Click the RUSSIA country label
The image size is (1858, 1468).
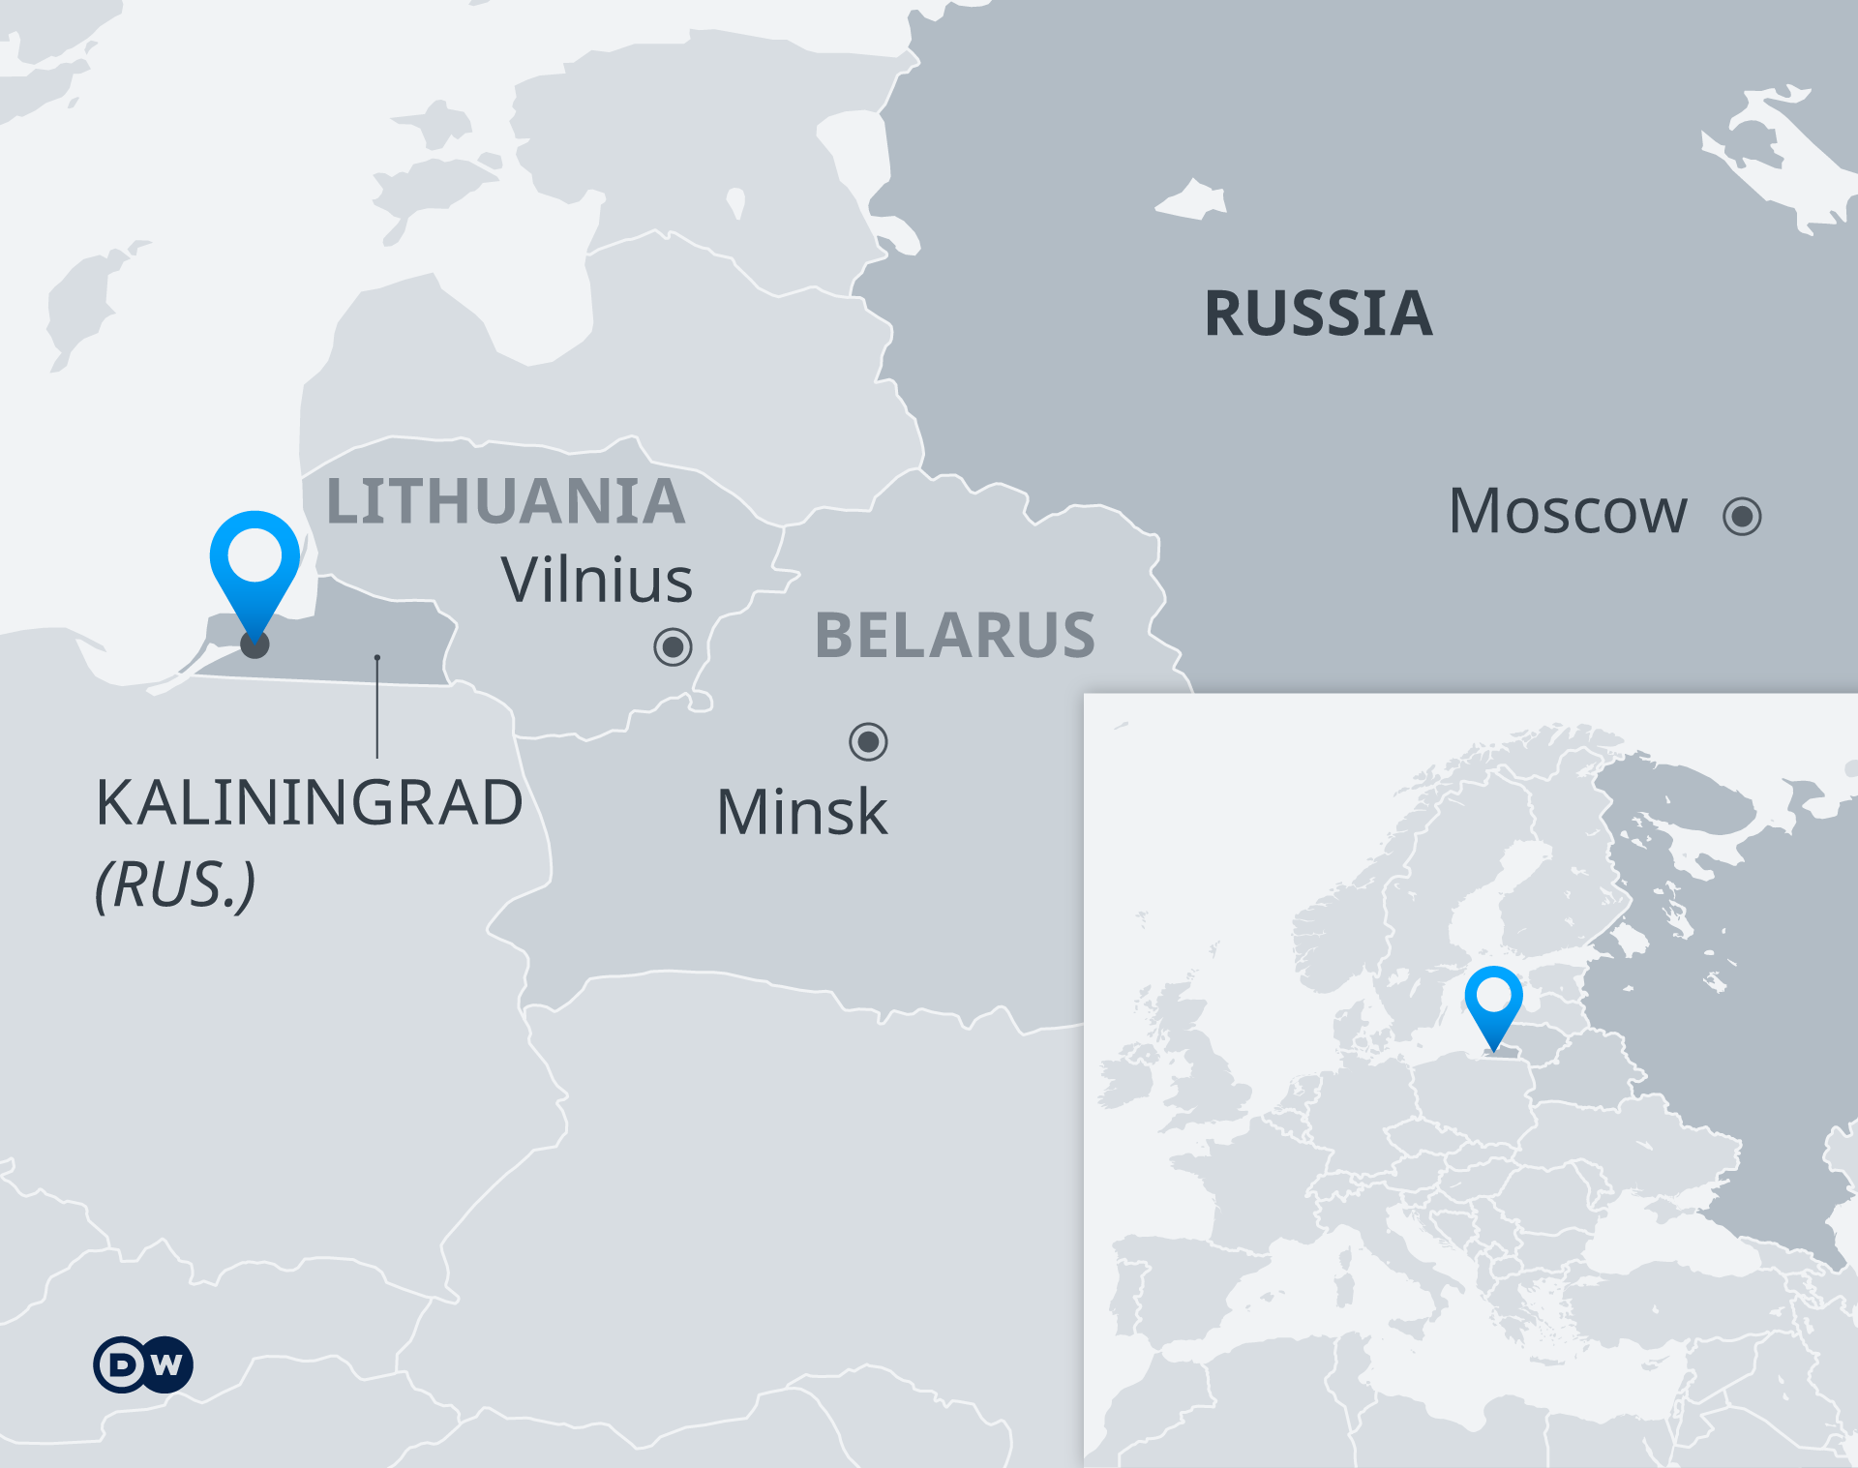click(x=1318, y=314)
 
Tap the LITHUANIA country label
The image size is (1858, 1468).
click(x=505, y=501)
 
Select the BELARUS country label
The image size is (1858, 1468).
click(x=955, y=636)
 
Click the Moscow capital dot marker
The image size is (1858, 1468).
click(x=1742, y=516)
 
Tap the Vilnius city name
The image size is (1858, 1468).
click(x=596, y=581)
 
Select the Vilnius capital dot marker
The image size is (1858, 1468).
click(x=673, y=645)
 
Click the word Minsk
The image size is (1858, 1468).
click(x=801, y=812)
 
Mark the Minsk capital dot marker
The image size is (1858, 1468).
click(x=868, y=742)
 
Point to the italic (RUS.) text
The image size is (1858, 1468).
click(x=175, y=884)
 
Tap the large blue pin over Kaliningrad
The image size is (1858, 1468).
click(x=255, y=561)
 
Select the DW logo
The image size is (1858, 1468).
click(x=143, y=1364)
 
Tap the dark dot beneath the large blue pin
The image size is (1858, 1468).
click(x=255, y=645)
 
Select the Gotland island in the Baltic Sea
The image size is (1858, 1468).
click(x=82, y=300)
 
